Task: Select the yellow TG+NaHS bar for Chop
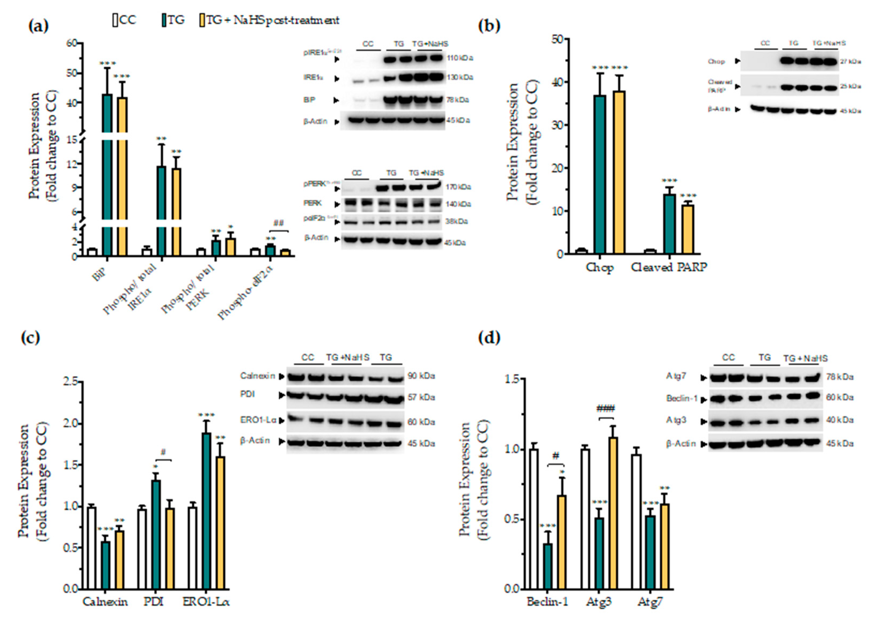619,172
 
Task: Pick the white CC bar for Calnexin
92,548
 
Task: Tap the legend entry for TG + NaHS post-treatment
272,20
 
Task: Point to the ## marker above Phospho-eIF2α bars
278,223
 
